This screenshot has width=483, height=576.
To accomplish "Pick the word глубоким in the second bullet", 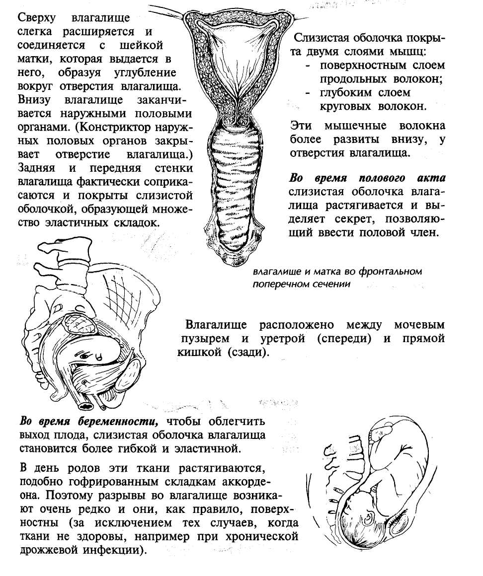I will [345, 92].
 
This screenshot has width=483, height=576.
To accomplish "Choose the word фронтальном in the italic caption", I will [394, 272].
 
